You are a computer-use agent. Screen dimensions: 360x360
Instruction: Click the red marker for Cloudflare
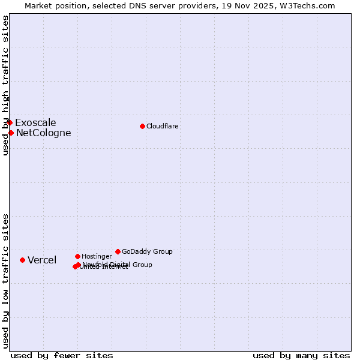(142, 126)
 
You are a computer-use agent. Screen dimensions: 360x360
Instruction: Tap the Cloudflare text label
(162, 126)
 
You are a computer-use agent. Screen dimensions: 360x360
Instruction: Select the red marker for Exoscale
(10, 122)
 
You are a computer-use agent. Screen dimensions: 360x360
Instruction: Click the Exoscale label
(35, 123)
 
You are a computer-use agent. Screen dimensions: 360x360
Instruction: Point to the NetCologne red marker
(11, 133)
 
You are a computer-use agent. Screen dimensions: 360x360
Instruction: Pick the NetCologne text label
(43, 133)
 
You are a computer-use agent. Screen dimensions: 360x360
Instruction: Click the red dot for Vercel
(22, 260)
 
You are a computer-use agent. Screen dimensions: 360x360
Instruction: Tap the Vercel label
(42, 260)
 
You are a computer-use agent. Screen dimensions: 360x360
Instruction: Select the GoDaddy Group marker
(118, 251)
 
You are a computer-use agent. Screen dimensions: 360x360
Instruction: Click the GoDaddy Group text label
(147, 252)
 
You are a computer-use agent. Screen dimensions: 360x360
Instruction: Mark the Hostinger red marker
(77, 256)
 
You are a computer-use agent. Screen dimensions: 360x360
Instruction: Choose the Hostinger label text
(97, 257)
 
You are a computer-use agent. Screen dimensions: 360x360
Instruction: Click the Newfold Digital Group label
(118, 264)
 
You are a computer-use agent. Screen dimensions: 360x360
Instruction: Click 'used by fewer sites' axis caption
(62, 355)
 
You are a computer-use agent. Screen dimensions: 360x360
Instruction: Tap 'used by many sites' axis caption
(301, 355)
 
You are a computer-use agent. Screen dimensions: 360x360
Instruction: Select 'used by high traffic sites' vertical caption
(5, 85)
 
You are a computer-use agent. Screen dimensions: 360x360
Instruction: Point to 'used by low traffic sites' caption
(5, 280)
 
